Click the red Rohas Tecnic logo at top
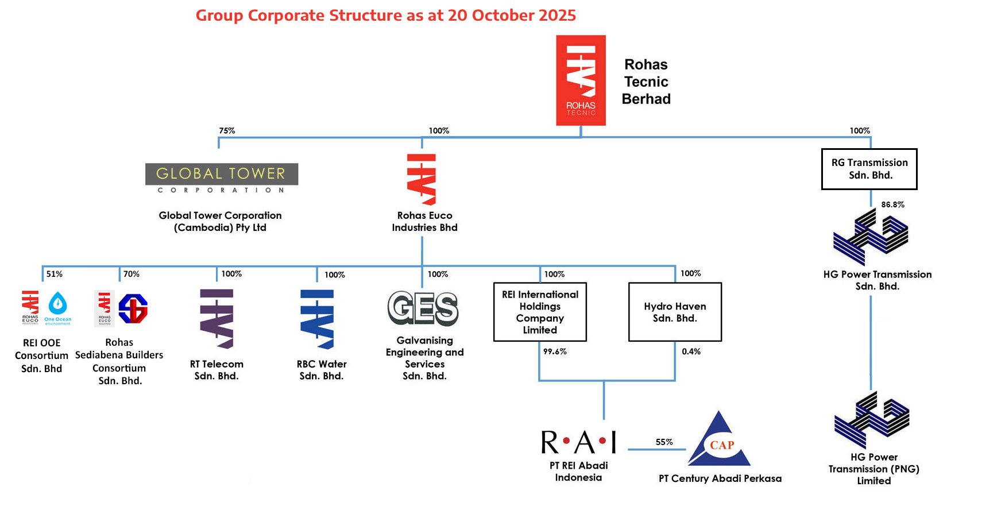(x=581, y=80)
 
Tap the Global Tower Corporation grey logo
(x=222, y=179)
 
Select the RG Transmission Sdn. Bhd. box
(x=869, y=169)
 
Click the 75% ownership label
(x=227, y=131)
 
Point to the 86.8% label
(x=892, y=204)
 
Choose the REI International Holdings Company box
(x=540, y=312)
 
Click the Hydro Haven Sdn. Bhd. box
(x=675, y=312)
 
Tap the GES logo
(x=423, y=308)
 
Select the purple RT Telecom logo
(x=217, y=319)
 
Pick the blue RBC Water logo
(x=317, y=319)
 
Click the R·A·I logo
(x=578, y=442)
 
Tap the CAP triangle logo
(x=720, y=441)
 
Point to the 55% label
(x=664, y=442)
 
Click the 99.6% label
(x=555, y=351)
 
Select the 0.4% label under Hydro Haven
(x=691, y=351)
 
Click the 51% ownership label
(x=55, y=274)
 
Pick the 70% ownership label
(x=132, y=274)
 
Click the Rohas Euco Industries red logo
(x=422, y=179)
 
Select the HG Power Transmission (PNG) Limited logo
(x=872, y=421)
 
